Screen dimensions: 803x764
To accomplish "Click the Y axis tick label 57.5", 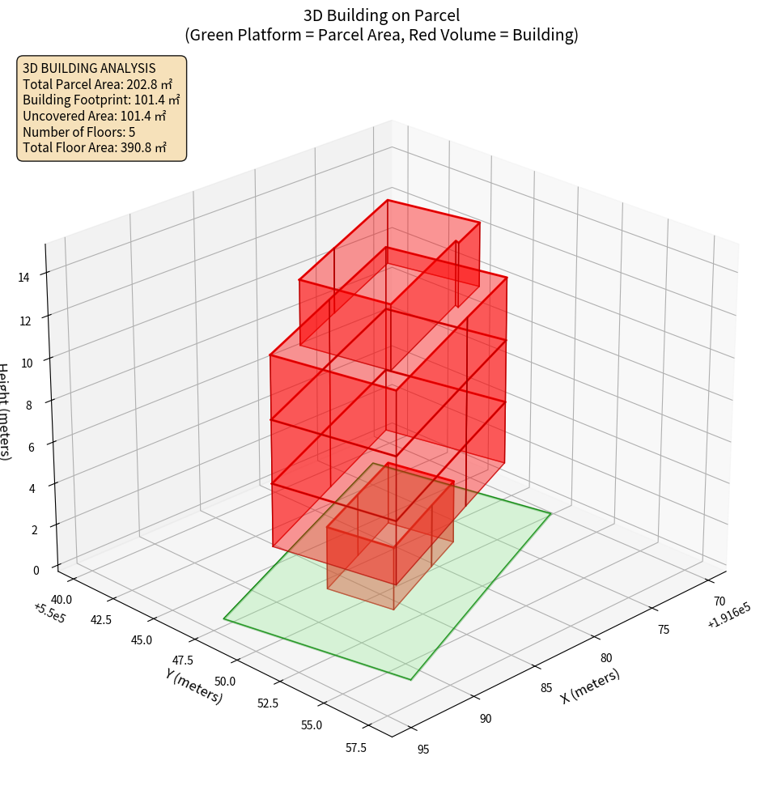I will tap(355, 747).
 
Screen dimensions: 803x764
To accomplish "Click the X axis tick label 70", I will tap(719, 601).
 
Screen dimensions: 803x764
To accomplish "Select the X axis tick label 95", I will tap(423, 749).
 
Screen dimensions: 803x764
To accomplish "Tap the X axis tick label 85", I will tap(545, 688).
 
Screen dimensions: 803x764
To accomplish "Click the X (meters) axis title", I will tap(590, 686).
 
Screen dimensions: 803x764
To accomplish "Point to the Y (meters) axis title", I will tap(193, 686).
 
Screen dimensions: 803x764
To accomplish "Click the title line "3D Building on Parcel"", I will tap(382, 15).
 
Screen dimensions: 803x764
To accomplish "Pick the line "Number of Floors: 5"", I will tap(79, 132).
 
